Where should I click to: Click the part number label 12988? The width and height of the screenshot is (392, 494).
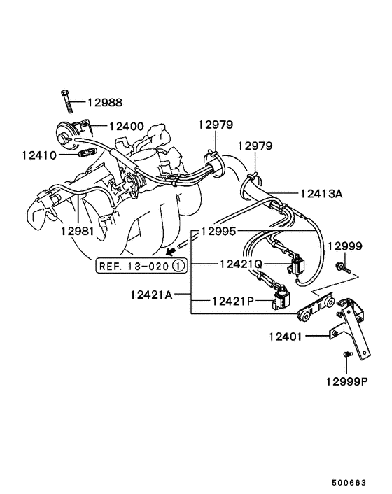(104, 103)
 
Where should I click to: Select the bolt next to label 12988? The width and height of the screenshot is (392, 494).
(66, 101)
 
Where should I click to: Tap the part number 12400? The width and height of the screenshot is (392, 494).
(127, 127)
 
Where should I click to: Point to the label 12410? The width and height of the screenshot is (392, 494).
(39, 155)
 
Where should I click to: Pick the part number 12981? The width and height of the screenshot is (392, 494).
(78, 232)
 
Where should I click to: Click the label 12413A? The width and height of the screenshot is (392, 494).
(321, 194)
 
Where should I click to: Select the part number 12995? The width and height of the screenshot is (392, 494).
(218, 232)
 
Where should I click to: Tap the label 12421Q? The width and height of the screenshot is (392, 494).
(241, 264)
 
